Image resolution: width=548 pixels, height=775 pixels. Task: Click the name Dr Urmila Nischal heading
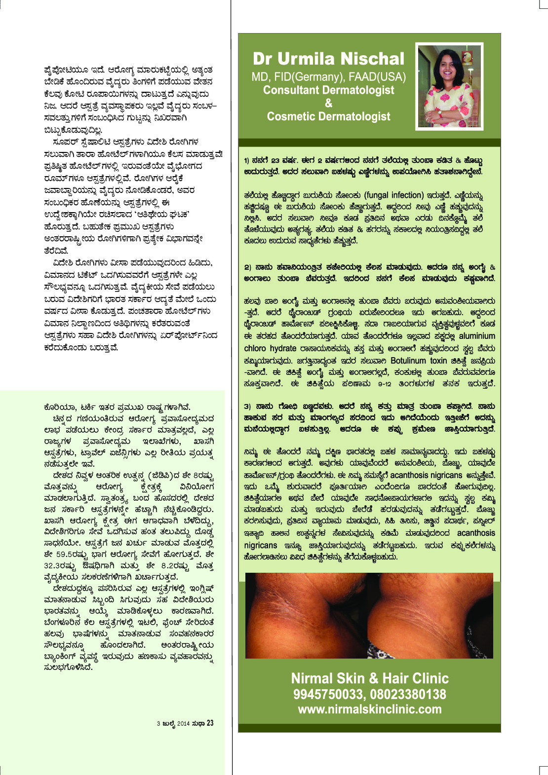click(328, 59)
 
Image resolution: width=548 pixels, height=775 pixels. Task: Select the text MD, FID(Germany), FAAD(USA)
click(328, 77)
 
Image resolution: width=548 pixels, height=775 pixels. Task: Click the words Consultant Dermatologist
click(328, 90)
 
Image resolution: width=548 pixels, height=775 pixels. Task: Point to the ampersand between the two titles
click(329, 103)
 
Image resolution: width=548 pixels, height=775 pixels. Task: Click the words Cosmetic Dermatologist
click(328, 117)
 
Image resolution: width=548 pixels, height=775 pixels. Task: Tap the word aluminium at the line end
click(476, 336)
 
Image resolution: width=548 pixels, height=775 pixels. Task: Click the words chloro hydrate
click(269, 349)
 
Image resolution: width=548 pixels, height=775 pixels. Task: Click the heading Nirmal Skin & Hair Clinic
click(369, 678)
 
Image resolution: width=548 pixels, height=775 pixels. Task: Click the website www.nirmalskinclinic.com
click(369, 709)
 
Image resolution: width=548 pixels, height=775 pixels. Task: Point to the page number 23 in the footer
click(210, 723)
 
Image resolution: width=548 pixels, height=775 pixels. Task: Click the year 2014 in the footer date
click(183, 724)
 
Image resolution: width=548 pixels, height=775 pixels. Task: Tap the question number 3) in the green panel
click(248, 406)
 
